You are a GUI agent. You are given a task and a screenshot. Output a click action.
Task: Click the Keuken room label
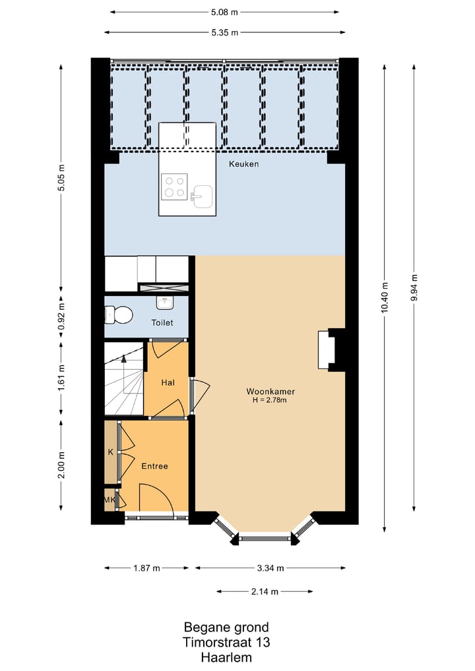(x=243, y=164)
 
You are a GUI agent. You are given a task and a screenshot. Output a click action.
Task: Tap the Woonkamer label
(x=270, y=391)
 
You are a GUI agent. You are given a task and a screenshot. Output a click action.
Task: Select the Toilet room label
(x=162, y=323)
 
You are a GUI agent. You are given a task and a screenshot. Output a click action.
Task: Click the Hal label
(x=168, y=382)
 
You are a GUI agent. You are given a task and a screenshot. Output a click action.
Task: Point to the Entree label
(x=154, y=466)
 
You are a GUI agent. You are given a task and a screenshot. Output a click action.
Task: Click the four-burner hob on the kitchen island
(x=175, y=187)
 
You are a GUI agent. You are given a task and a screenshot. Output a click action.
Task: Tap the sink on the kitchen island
(x=202, y=196)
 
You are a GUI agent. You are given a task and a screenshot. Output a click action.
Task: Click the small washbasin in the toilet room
(x=165, y=303)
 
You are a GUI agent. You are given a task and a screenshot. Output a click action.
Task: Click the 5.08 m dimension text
(x=224, y=13)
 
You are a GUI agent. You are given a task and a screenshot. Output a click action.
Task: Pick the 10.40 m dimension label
(x=384, y=297)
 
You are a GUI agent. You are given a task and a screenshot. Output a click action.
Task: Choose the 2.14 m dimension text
(x=265, y=592)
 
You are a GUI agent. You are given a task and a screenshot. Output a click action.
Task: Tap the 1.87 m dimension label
(x=146, y=568)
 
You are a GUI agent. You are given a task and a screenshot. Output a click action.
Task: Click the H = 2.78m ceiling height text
(x=269, y=401)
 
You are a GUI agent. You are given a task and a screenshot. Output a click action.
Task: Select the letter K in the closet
(x=111, y=452)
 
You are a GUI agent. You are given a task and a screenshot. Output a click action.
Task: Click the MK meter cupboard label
(x=110, y=500)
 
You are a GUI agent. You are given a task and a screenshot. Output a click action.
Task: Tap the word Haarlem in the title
(x=226, y=657)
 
